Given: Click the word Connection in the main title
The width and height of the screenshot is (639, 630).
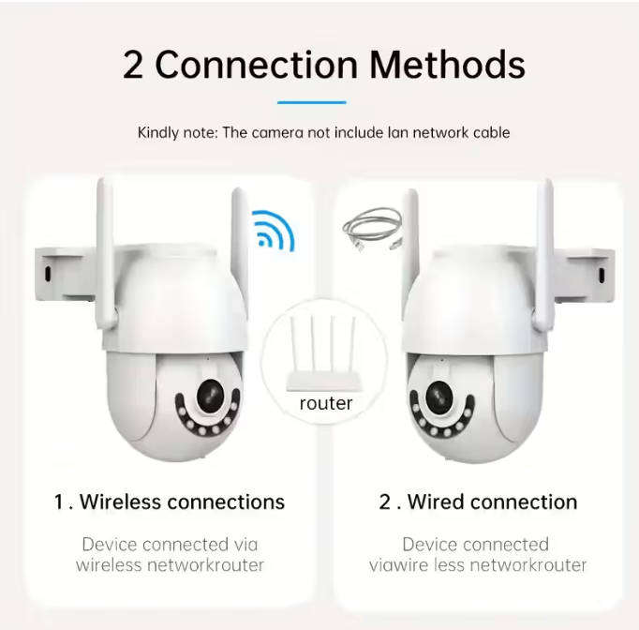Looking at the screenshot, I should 257,65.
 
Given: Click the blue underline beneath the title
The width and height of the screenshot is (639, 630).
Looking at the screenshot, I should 312,102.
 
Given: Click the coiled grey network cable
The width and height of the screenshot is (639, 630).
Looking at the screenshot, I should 373,227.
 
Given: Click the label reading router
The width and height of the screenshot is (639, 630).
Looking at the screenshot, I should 325,403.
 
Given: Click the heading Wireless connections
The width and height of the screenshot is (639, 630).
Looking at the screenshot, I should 182,502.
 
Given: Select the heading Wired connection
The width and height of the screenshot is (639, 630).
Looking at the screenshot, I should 492,502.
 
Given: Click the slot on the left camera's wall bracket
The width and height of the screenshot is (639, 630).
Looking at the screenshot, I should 47,273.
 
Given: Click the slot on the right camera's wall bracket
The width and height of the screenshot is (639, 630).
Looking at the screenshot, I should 601,277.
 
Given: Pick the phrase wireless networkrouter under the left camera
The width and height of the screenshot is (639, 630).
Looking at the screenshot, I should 170,564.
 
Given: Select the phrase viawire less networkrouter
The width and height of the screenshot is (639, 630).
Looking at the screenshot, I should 477,564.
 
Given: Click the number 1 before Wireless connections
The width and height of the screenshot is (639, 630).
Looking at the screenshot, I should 59,502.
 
